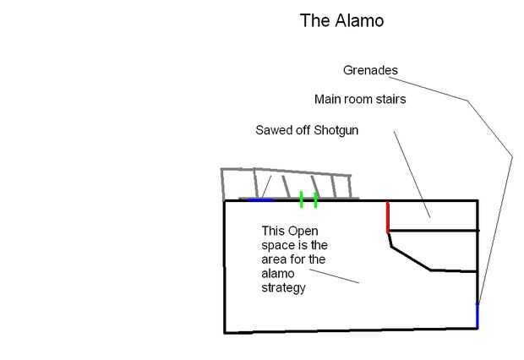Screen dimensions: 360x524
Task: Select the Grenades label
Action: click(x=370, y=70)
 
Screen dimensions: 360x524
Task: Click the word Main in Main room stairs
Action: click(x=329, y=100)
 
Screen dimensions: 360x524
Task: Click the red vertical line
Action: click(x=388, y=216)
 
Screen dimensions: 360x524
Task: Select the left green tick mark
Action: click(x=301, y=199)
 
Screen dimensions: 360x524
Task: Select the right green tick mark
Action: click(x=316, y=199)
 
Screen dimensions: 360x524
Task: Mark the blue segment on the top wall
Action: click(x=262, y=200)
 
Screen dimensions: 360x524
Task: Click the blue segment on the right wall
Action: click(x=478, y=315)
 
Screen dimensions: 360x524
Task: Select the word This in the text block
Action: click(x=273, y=231)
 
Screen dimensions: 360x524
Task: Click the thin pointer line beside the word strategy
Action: click(x=338, y=276)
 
